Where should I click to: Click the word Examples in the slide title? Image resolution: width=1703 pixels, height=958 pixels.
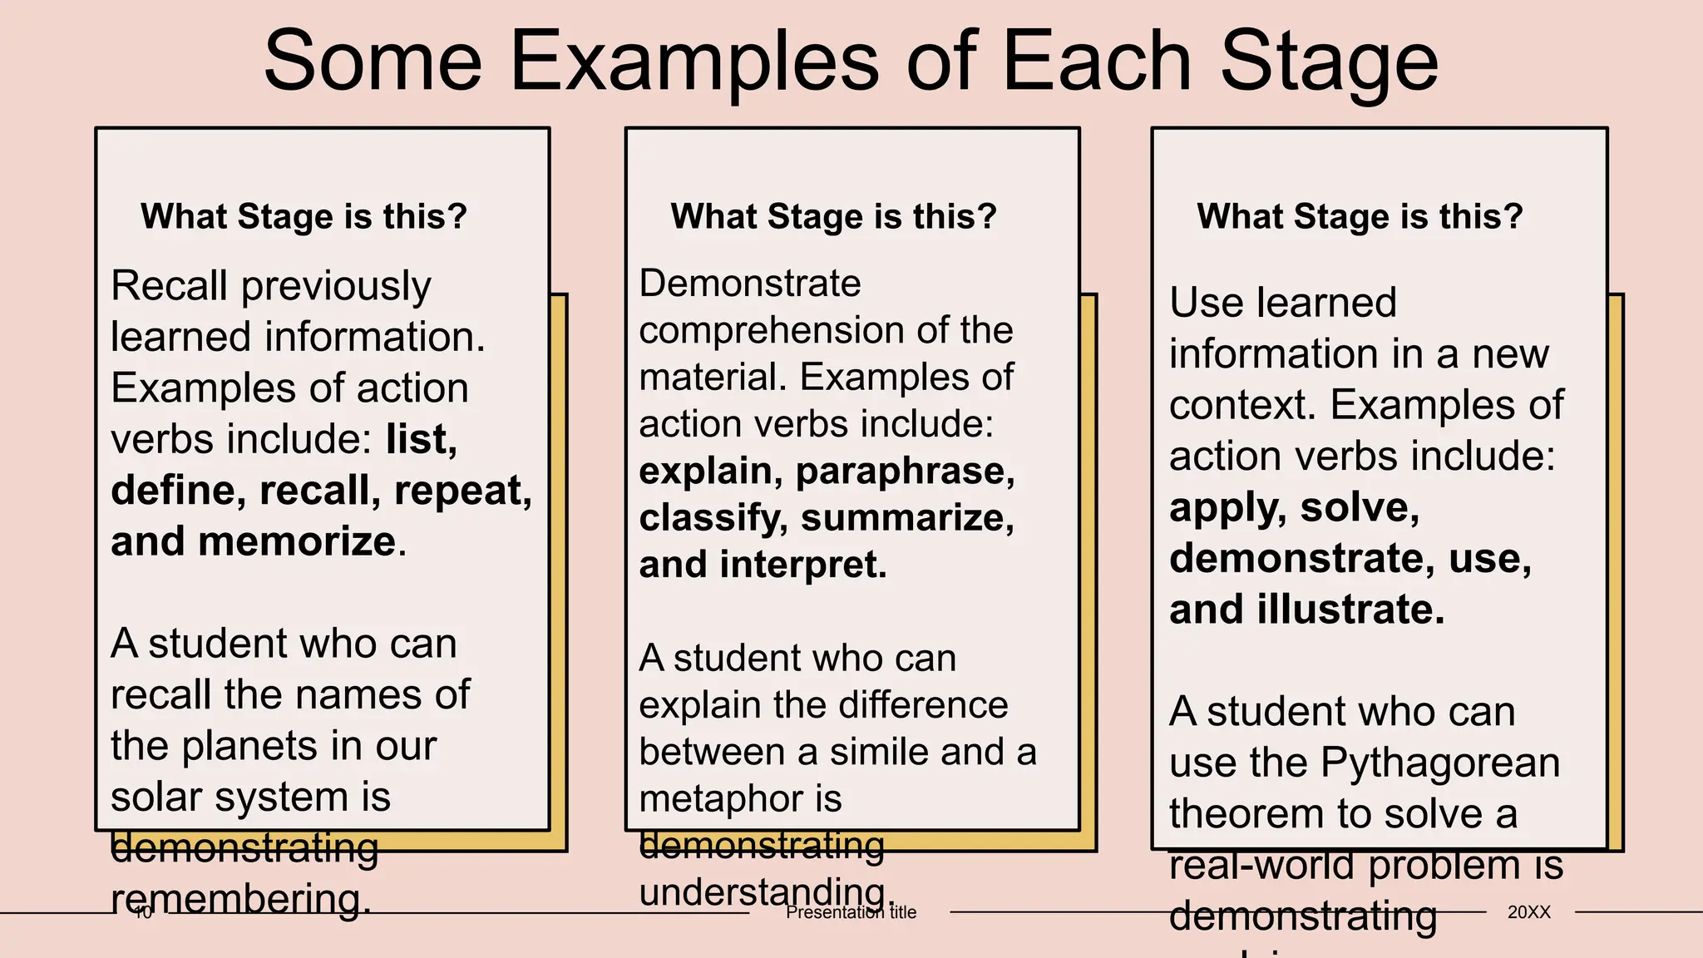[694, 62]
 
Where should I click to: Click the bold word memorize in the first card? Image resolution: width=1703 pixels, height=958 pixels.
[296, 541]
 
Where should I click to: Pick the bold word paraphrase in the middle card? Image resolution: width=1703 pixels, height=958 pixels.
[904, 472]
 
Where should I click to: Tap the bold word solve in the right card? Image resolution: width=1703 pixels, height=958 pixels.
[1358, 507]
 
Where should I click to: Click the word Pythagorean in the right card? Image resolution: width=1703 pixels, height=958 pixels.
[1439, 763]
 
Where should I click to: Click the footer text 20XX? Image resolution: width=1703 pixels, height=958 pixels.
[1529, 912]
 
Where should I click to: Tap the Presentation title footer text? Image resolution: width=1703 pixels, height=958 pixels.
[851, 912]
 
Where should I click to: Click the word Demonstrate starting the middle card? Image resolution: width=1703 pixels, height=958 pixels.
[749, 284]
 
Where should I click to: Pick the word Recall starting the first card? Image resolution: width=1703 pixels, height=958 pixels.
[169, 286]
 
